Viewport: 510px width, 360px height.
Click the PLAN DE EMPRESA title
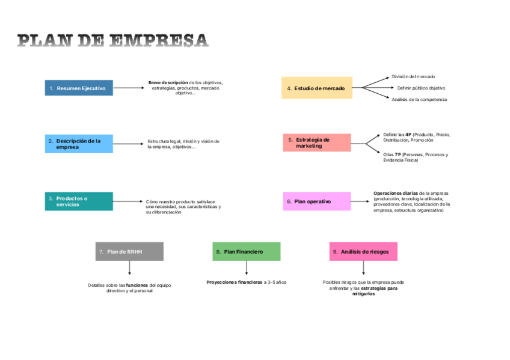click(x=112, y=41)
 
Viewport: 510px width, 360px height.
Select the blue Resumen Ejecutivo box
click(x=79, y=88)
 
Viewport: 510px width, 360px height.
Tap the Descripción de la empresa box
click(x=79, y=144)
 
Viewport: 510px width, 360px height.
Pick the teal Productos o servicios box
click(x=79, y=201)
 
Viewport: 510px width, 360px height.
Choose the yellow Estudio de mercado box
click(x=317, y=88)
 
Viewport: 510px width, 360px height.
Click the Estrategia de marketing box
click(x=317, y=142)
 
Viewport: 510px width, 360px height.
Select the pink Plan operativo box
click(x=317, y=201)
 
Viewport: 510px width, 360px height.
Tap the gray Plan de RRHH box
click(x=129, y=251)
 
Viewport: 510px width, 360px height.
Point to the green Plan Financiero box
click(x=247, y=251)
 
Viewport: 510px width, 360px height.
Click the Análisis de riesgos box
click(x=363, y=251)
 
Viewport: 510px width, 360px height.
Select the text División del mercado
click(x=413, y=76)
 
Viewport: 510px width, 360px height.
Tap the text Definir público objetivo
click(x=421, y=88)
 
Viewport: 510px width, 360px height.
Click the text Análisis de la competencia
click(x=419, y=99)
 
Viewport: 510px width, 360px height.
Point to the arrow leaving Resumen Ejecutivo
click(x=129, y=88)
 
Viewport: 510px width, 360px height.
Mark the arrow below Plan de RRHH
click(x=129, y=268)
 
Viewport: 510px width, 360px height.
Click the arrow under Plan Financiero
click(x=247, y=268)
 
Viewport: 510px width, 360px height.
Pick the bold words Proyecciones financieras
click(x=232, y=282)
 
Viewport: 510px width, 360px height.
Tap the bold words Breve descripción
click(x=168, y=82)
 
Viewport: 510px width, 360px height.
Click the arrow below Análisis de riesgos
click(x=363, y=268)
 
